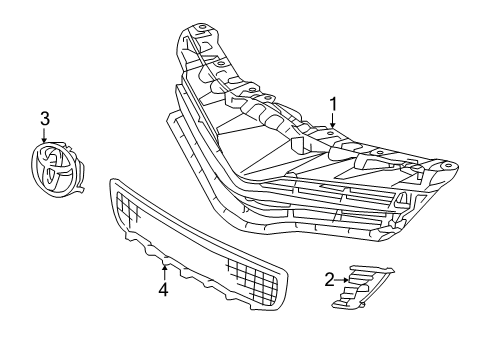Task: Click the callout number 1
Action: point(333,104)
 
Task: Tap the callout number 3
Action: point(44,120)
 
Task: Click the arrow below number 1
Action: point(333,123)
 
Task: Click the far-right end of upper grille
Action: point(455,164)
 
